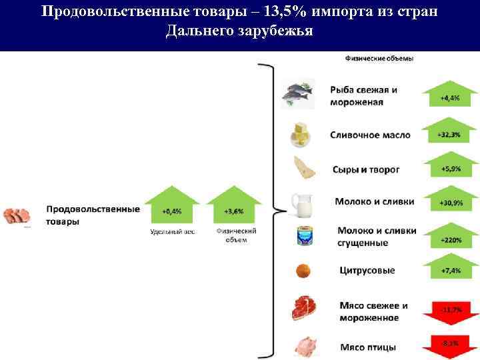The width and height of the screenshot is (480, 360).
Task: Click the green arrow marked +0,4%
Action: [x=171, y=208]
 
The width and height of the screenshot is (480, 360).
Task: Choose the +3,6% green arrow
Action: [x=234, y=208]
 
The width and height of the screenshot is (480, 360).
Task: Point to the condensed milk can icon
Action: [x=306, y=236]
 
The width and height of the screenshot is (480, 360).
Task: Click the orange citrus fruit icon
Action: [x=303, y=271]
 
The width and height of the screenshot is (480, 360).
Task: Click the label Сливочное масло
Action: [x=370, y=135]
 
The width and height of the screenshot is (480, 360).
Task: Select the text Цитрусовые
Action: [x=366, y=271]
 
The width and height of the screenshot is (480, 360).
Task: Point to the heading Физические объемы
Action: [x=379, y=58]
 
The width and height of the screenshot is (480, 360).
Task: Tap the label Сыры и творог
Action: [x=366, y=169]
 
